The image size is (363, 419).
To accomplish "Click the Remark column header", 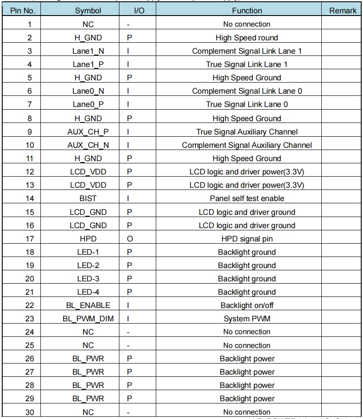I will [x=343, y=10].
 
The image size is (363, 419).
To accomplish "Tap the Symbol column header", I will [x=88, y=10].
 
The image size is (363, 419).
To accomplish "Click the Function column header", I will [x=247, y=10].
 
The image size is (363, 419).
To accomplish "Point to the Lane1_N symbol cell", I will [x=88, y=51].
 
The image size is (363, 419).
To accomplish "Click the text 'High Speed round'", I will [x=247, y=38].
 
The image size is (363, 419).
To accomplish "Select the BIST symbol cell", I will [x=88, y=198].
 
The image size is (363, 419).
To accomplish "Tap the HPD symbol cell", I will [x=88, y=239].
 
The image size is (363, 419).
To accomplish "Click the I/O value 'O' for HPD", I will [x=129, y=239].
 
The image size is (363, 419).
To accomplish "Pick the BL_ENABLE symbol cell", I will [x=88, y=305].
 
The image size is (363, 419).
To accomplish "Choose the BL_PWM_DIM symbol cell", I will [x=88, y=319].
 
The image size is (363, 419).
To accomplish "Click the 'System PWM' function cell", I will [x=247, y=319].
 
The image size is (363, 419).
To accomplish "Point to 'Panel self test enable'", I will [x=247, y=198].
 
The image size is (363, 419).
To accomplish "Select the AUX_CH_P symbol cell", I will [x=88, y=132].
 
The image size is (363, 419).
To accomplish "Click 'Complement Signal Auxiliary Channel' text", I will [x=247, y=145].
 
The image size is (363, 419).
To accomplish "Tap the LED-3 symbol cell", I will [x=88, y=279].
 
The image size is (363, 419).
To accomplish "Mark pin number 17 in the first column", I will [x=29, y=239].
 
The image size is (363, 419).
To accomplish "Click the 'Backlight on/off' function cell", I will [x=247, y=305].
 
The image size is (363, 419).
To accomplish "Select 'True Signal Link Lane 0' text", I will [x=247, y=105].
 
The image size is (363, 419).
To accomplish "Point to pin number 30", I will [x=29, y=412].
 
